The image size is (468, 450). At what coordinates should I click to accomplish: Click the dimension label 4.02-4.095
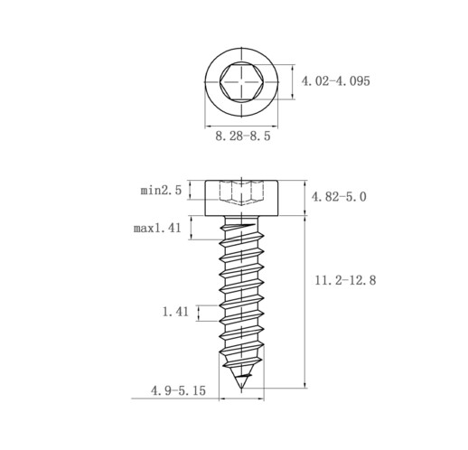[335, 81]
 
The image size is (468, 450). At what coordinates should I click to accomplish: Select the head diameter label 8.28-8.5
[243, 136]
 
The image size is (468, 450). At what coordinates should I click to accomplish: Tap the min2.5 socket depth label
[161, 191]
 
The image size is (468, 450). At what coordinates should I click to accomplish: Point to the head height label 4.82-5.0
[339, 197]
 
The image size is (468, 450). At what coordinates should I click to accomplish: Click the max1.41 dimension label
[157, 229]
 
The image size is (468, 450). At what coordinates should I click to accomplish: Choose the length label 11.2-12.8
[345, 280]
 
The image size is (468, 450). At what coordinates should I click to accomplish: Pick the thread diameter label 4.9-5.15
[178, 390]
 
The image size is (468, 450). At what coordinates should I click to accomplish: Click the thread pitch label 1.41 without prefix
[175, 312]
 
